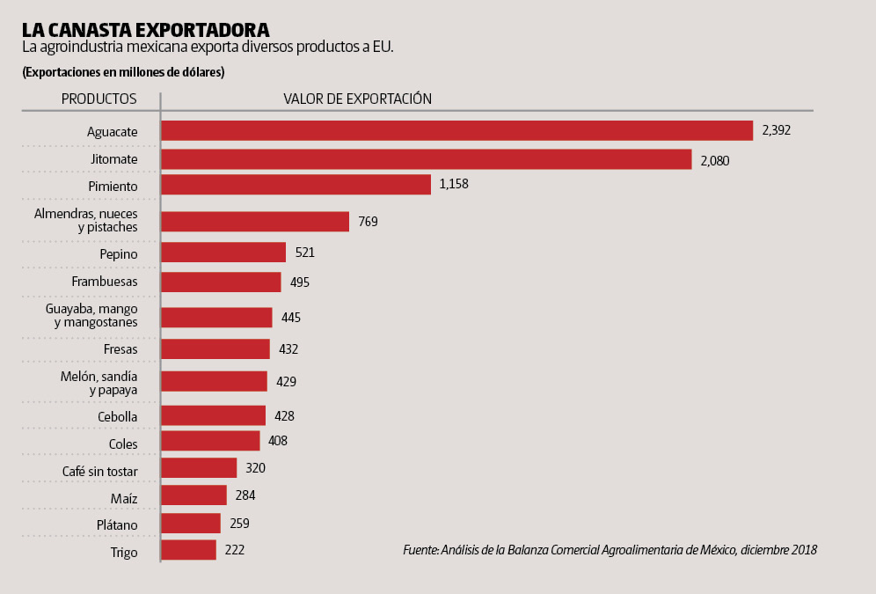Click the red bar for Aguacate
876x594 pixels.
(456, 130)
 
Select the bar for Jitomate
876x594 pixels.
(427, 159)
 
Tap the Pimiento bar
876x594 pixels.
(296, 185)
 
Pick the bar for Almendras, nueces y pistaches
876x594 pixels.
(255, 221)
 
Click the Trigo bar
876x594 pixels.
(188, 550)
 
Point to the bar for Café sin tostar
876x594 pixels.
(199, 468)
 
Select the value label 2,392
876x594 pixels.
(777, 130)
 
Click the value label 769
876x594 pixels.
(368, 222)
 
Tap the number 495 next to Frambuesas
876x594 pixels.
(300, 282)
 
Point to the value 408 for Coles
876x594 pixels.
(278, 441)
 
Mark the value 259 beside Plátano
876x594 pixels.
(239, 523)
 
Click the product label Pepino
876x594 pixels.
(119, 254)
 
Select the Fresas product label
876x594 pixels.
(120, 349)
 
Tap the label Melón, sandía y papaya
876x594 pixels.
(99, 383)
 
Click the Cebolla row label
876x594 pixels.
(117, 416)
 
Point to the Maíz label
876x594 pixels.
(123, 499)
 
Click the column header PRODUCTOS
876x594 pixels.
(99, 99)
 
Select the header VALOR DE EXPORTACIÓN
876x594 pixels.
(357, 99)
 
